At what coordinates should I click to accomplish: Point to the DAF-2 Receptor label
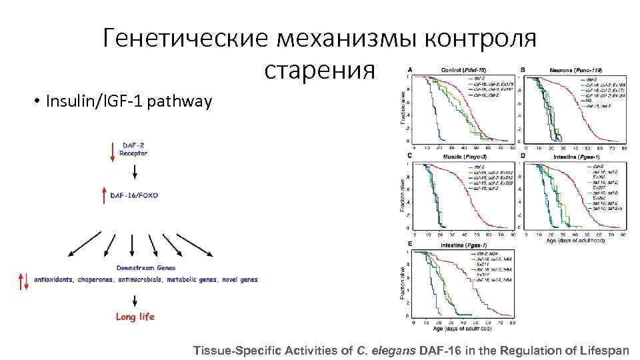tap(134, 149)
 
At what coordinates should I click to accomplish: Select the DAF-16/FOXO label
tap(134, 195)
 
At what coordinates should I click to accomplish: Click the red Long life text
tap(135, 317)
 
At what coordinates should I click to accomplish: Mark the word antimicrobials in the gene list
tap(151, 280)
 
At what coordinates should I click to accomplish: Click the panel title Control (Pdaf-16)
tap(463, 69)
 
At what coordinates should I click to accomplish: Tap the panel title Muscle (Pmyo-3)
tap(465, 157)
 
